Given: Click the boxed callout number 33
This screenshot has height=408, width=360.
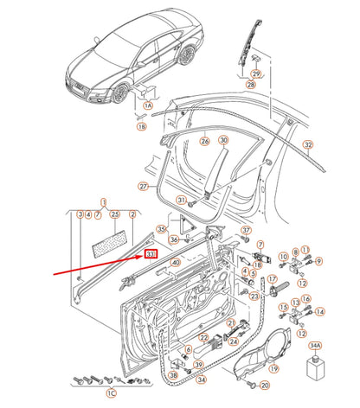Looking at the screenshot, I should [x=150, y=254].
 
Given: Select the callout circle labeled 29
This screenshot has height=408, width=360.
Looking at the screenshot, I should [x=255, y=74].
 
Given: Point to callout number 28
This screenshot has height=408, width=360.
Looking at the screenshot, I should [x=251, y=86].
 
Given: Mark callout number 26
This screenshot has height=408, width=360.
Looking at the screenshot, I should [x=204, y=140].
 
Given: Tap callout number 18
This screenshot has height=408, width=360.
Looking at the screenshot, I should [x=142, y=126].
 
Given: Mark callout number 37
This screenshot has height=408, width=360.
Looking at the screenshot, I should [x=245, y=230].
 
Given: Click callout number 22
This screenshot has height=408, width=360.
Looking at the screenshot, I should [x=204, y=338].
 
